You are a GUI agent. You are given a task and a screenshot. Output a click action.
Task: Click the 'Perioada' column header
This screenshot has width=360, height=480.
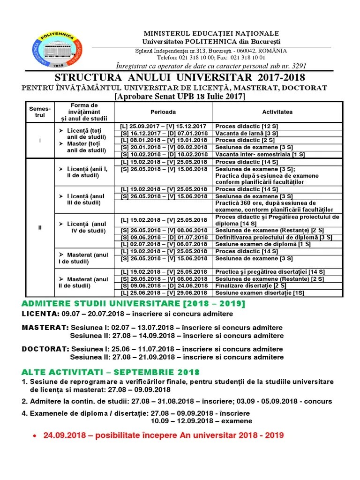163,112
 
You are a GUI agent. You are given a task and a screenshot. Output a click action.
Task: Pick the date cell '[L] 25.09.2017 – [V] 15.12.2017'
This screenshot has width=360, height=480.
164,126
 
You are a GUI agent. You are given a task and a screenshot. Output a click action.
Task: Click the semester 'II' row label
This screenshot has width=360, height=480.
40,227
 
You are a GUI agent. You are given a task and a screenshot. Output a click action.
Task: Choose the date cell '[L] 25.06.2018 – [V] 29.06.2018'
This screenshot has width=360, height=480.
164,293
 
